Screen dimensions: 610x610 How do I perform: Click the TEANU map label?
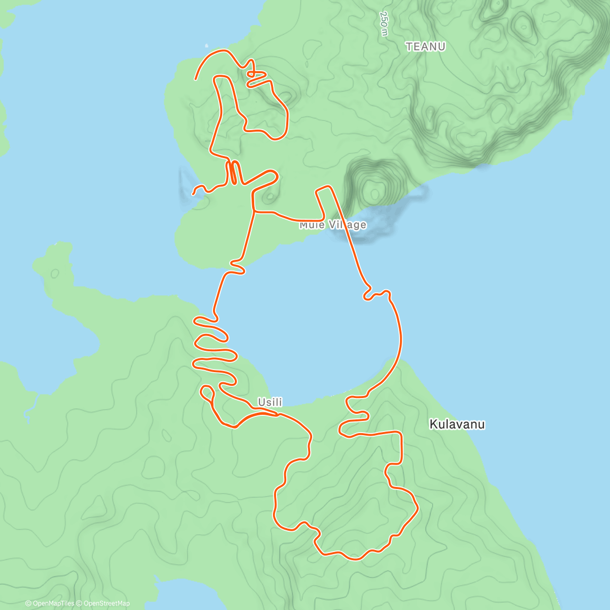coord(425,47)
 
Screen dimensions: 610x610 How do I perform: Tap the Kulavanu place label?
coord(457,424)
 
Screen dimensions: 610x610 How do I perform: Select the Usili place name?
coord(270,403)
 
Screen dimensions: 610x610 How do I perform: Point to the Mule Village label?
coord(333,225)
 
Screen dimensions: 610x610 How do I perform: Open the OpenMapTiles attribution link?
coord(49,603)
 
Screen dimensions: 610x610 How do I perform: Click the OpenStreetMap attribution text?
coord(106,603)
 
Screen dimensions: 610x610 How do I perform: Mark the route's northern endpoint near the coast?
coord(196,79)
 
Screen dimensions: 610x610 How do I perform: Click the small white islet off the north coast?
coord(207,44)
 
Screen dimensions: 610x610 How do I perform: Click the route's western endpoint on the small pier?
coord(193,194)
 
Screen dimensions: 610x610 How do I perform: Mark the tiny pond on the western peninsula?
coord(54,274)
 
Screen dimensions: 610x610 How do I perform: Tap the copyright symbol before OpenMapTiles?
coord(28,603)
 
